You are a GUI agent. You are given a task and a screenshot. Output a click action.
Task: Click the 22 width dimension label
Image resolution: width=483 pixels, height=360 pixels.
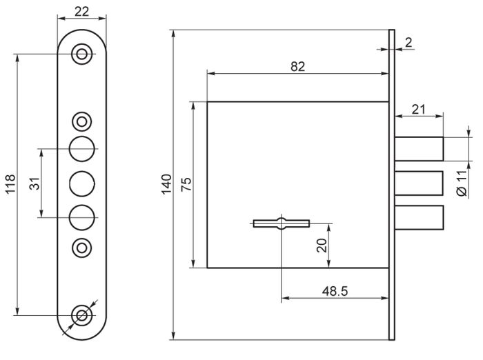point(81,12)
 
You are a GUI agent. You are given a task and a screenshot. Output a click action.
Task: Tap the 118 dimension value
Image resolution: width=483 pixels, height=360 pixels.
point(10,184)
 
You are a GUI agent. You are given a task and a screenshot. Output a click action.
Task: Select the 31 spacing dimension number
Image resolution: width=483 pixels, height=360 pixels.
point(34,183)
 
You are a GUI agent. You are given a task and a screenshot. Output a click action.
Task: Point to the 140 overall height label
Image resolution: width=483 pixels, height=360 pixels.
point(166,184)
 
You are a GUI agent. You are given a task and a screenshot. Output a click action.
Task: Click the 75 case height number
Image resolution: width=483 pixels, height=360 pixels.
point(186,184)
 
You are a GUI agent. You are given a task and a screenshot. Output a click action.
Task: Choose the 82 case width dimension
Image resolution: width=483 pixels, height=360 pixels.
point(297,66)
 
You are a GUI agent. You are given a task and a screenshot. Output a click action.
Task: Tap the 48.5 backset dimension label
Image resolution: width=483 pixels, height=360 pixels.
point(335,291)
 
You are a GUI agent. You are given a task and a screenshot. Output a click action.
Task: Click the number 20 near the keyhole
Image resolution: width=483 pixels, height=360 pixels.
point(322,246)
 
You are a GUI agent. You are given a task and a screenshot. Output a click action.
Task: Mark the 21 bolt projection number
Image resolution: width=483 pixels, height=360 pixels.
point(418,110)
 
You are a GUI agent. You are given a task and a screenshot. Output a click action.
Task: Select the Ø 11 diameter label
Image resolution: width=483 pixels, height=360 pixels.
point(462,183)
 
